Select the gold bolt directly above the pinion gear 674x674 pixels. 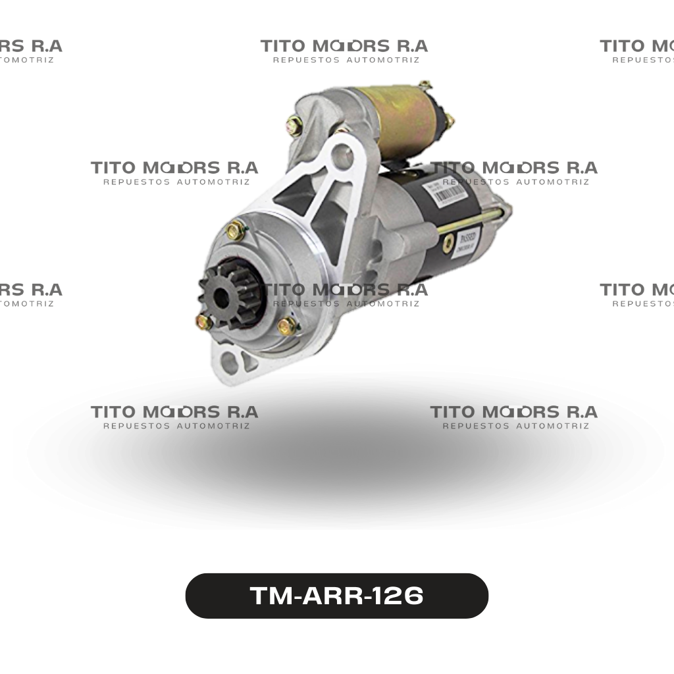(236, 230)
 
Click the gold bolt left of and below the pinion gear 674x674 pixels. (204, 322)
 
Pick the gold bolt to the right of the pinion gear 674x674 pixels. (287, 325)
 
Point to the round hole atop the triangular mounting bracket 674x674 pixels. (341, 155)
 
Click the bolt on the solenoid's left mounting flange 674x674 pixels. (294, 125)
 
